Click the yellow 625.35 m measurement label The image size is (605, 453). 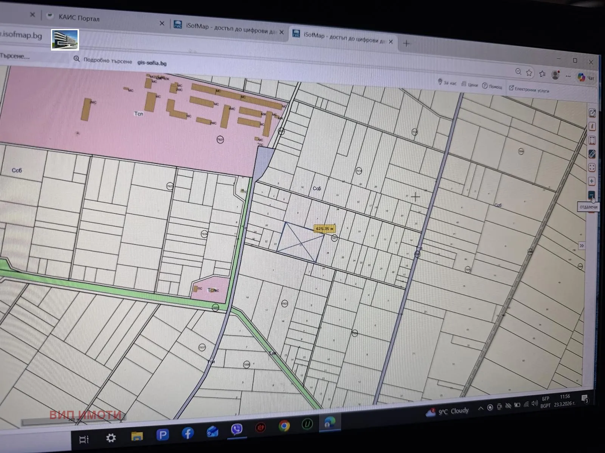tap(324, 228)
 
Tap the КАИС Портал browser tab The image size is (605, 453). tap(79, 18)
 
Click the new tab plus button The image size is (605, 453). tap(406, 43)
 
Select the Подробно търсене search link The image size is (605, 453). tap(108, 61)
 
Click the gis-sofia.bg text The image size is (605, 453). tap(152, 63)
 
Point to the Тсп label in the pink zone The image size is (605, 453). tap(139, 113)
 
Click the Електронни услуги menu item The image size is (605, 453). tap(531, 89)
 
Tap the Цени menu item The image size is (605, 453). tap(472, 85)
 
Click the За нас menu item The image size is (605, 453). tap(449, 83)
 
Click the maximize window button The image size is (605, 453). tap(575, 60)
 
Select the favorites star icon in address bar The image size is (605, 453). tap(529, 73)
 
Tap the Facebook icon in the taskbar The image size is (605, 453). tap(187, 433)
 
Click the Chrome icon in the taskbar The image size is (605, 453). tap(284, 426)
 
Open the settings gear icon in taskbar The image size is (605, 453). tap(111, 438)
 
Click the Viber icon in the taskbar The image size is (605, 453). tap(236, 429)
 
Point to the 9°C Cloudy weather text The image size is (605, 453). tap(453, 411)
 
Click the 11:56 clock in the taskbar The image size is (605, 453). tap(565, 396)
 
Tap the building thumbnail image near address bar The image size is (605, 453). tap(65, 40)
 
